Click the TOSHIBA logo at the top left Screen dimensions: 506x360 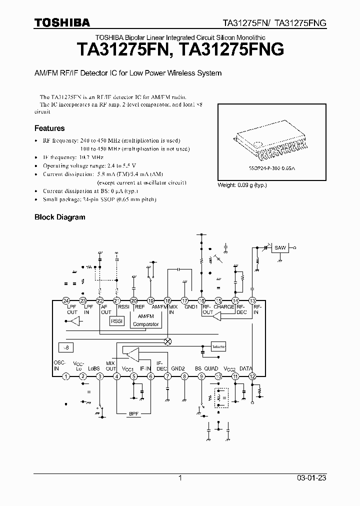[62, 22]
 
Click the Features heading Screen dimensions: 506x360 [49, 128]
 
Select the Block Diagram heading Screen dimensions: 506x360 [59, 217]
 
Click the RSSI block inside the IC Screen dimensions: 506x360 [117, 321]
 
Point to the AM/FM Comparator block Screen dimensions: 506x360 [145, 320]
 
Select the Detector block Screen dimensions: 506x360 [219, 345]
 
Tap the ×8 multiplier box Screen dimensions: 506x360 [66, 347]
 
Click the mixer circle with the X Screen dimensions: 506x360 [168, 341]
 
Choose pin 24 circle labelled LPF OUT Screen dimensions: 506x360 [66, 300]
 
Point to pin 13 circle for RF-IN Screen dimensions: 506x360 [252, 300]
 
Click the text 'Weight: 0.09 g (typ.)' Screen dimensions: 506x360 [242, 185]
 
